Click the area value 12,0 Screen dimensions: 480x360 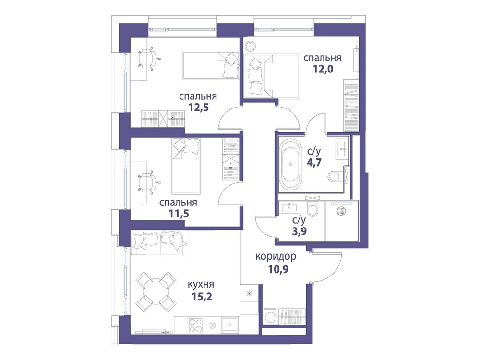pyautogui.click(x=323, y=69)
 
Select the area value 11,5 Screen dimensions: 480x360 pyautogui.click(x=179, y=214)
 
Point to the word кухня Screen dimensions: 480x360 pyautogui.click(x=201, y=285)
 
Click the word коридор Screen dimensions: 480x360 pyautogui.click(x=276, y=256)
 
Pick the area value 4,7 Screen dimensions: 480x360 pyautogui.click(x=314, y=162)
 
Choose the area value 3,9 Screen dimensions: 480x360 pyautogui.click(x=300, y=230)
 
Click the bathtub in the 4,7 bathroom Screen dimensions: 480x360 pyautogui.click(x=290, y=164)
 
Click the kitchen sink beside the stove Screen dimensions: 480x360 pyautogui.click(x=230, y=325)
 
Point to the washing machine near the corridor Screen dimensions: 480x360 pyautogui.click(x=271, y=317)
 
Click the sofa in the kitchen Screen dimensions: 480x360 pyautogui.click(x=159, y=243)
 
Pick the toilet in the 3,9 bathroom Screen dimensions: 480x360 pyautogui.click(x=312, y=209)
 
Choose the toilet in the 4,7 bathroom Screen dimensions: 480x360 pyautogui.click(x=336, y=177)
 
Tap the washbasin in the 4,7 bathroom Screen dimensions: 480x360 pyautogui.click(x=342, y=148)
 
